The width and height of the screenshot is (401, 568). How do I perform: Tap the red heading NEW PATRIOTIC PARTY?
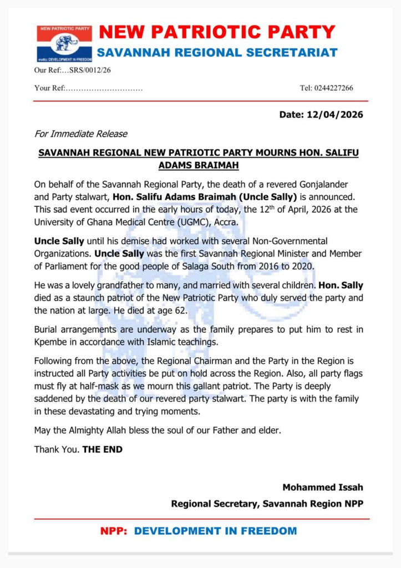pos(217,32)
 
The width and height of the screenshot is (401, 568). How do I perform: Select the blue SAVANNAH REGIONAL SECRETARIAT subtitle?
pos(217,53)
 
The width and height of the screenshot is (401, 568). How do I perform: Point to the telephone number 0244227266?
pos(334,88)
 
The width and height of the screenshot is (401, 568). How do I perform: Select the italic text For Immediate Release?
pos(81,134)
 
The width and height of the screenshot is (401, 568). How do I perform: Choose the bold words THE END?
pos(103,449)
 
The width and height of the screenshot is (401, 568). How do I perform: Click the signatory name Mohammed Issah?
pos(323,488)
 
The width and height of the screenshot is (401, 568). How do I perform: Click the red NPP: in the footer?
pos(114,531)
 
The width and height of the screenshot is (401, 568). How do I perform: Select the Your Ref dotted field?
pos(104,88)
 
